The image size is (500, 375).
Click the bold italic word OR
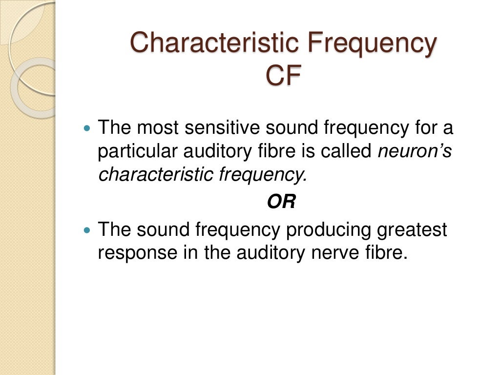pyautogui.click(x=281, y=202)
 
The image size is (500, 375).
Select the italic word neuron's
pyautogui.click(x=415, y=152)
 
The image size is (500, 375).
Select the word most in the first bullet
pyautogui.click(x=157, y=128)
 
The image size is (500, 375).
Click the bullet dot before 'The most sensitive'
pyautogui.click(x=87, y=129)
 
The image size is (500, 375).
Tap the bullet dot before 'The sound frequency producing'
pyautogui.click(x=87, y=230)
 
